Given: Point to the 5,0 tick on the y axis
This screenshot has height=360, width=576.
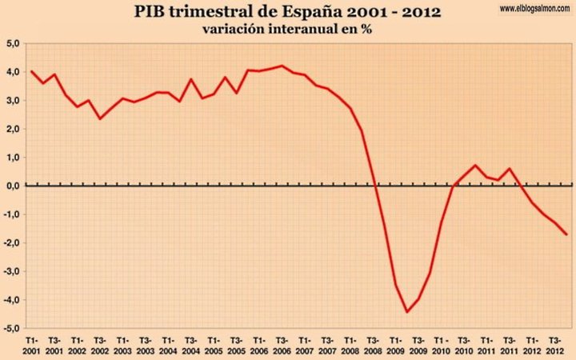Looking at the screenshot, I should tap(12, 43).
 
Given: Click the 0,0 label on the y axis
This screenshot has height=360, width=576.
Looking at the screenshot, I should tap(12, 186).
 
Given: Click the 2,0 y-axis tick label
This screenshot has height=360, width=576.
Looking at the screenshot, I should tap(12, 129).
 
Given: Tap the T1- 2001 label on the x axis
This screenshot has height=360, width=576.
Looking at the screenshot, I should tap(32, 346).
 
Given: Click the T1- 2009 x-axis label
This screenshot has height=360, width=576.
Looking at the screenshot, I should tap(396, 346).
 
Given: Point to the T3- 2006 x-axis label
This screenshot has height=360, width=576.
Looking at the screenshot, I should tap(282, 346).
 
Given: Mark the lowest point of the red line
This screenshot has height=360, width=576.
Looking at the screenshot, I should tap(406, 312).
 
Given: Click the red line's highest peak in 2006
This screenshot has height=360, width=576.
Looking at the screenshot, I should tap(282, 66).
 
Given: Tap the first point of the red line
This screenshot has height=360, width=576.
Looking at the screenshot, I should tap(31, 71).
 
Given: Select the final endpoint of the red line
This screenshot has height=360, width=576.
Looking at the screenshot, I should tap(566, 234).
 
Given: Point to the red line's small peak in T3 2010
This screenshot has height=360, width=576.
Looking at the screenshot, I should tap(475, 166).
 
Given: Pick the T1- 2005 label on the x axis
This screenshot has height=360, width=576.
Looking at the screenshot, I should tap(214, 346).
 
